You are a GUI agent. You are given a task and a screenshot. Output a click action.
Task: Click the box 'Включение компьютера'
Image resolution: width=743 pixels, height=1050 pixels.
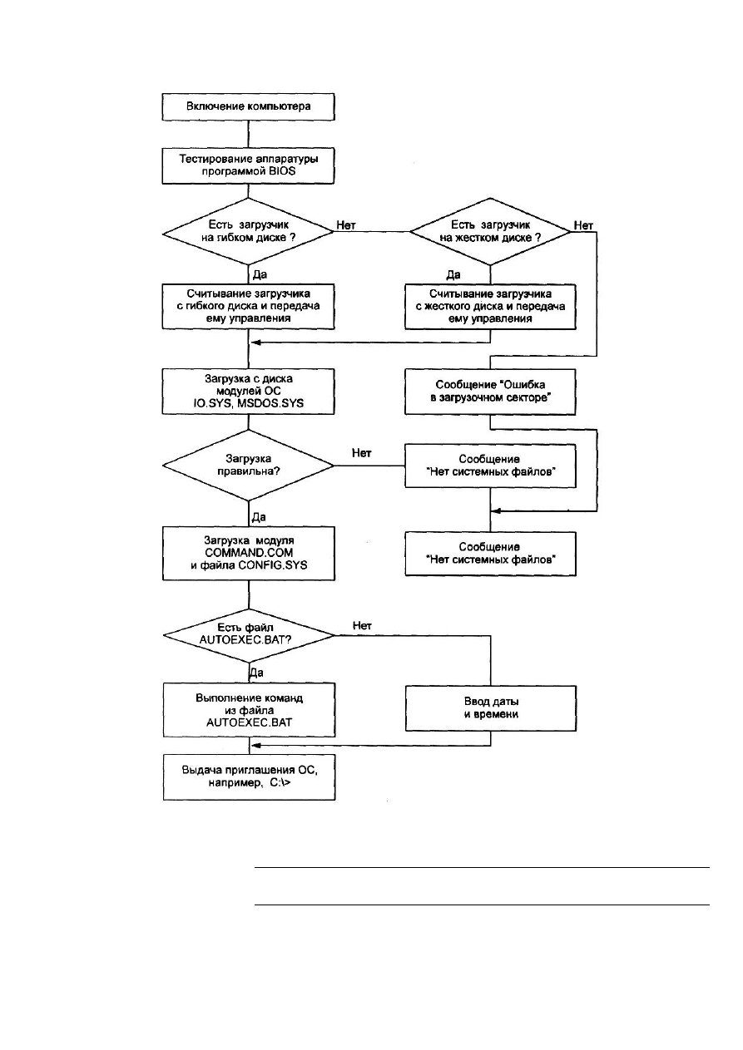click(x=248, y=107)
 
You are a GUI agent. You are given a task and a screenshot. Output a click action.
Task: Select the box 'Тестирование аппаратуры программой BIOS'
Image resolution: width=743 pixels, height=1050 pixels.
click(x=248, y=165)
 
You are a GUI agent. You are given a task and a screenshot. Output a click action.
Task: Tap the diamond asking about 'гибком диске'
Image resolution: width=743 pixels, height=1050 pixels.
click(x=248, y=231)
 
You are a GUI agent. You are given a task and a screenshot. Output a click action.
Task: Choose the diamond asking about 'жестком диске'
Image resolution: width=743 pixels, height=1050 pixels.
click(x=490, y=231)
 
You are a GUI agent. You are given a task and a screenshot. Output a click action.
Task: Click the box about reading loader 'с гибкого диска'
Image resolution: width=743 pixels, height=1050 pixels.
click(x=248, y=306)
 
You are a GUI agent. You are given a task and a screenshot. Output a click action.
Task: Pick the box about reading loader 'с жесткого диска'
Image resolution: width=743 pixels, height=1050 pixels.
click(x=490, y=306)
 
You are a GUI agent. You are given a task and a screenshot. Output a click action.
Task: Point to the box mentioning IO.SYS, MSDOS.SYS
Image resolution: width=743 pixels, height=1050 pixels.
click(x=248, y=392)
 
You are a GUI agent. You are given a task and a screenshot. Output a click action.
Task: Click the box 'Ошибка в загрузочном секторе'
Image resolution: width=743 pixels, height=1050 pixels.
click(x=490, y=392)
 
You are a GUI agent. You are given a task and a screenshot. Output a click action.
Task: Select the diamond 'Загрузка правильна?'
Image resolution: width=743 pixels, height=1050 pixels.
click(x=248, y=466)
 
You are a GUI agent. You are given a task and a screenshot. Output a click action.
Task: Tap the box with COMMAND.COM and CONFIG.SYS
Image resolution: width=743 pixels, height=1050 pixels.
click(x=249, y=553)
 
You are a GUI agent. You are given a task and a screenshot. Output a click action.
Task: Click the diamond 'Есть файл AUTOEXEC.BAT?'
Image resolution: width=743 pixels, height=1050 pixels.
click(x=249, y=636)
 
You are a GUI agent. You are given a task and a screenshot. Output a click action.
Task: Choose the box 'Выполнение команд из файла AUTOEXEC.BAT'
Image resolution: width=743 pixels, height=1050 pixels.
click(x=249, y=710)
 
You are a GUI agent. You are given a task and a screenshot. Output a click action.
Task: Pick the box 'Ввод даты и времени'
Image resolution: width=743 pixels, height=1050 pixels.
click(x=491, y=707)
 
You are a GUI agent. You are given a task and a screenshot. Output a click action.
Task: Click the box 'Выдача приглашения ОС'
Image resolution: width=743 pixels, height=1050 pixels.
click(x=249, y=776)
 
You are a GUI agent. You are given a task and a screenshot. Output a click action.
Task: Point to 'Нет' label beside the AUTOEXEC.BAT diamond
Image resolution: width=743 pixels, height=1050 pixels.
click(x=362, y=625)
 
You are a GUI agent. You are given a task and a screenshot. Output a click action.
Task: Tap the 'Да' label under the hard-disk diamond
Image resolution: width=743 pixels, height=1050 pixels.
click(x=453, y=274)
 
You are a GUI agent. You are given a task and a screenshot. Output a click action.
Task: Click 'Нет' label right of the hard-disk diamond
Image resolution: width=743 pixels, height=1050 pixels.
click(x=583, y=225)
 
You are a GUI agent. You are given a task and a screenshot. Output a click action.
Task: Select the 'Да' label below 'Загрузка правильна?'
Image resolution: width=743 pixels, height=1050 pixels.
click(x=259, y=517)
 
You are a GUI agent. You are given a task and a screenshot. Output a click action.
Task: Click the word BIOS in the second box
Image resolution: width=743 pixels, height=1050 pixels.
click(x=281, y=171)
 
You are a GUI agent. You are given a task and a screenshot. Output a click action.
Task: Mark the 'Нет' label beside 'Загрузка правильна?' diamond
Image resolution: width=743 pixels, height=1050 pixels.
click(x=362, y=453)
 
